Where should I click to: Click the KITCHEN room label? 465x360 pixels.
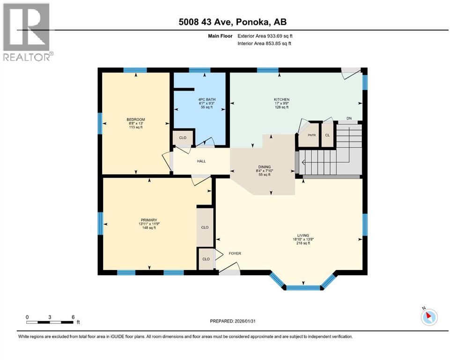click(x=281, y=99)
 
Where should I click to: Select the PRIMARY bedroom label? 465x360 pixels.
click(x=148, y=219)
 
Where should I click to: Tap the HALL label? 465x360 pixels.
click(x=201, y=161)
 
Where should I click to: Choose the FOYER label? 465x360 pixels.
click(x=235, y=254)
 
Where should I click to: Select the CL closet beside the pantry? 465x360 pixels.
click(x=327, y=135)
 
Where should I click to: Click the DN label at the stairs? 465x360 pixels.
click(x=348, y=118)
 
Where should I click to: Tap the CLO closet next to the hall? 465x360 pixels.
click(x=182, y=139)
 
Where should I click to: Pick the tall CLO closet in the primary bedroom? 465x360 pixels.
click(x=204, y=227)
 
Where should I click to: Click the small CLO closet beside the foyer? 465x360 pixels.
click(x=205, y=259)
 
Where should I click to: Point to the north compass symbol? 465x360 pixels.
click(x=429, y=316)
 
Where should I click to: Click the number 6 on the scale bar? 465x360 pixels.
click(x=73, y=317)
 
